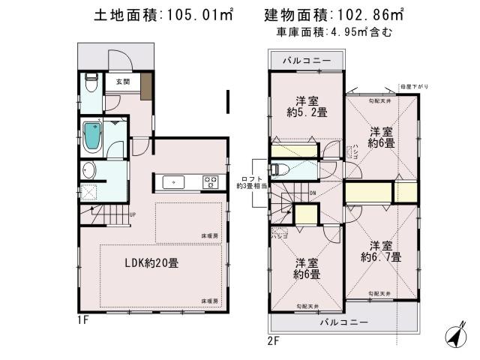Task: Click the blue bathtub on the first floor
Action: coord(91,135)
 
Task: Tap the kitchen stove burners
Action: coord(210,181)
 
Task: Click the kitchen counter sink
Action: coord(170,181)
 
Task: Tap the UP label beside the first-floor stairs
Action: coord(132,216)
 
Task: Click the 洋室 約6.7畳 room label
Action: coord(380,251)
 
